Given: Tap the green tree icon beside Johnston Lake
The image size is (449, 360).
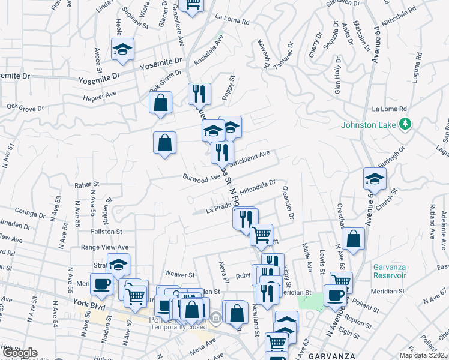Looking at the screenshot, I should [406, 124].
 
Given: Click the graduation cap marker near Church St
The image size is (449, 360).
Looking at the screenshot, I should [375, 179].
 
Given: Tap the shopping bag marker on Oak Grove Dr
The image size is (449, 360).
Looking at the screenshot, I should [161, 103].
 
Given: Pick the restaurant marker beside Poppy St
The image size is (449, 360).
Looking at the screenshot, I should [199, 94].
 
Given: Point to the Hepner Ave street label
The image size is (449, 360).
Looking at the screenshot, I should [99, 95].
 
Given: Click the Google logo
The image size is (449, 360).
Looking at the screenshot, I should [19, 353].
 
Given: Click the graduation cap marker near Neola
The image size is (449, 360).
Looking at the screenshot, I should [123, 49].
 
